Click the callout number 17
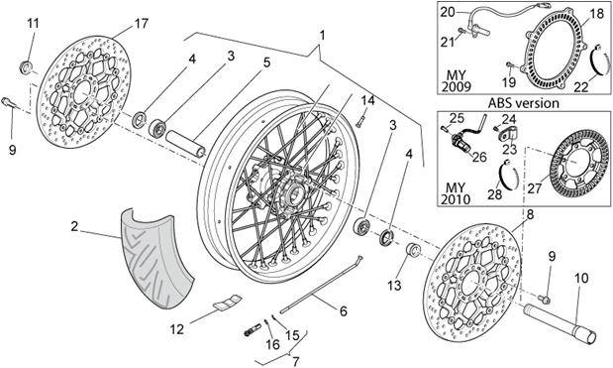pyautogui.click(x=142, y=24)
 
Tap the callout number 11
pyautogui.click(x=34, y=24)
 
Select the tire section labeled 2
pyautogui.click(x=157, y=258)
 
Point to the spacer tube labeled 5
pyautogui.click(x=186, y=144)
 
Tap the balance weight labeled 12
pyautogui.click(x=227, y=300)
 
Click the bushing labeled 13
pyautogui.click(x=412, y=250)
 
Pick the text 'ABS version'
pyautogui.click(x=524, y=103)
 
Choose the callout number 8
pyautogui.click(x=530, y=214)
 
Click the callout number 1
pyautogui.click(x=322, y=36)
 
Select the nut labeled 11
pyautogui.click(x=26, y=66)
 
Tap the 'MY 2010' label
pyautogui.click(x=456, y=192)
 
